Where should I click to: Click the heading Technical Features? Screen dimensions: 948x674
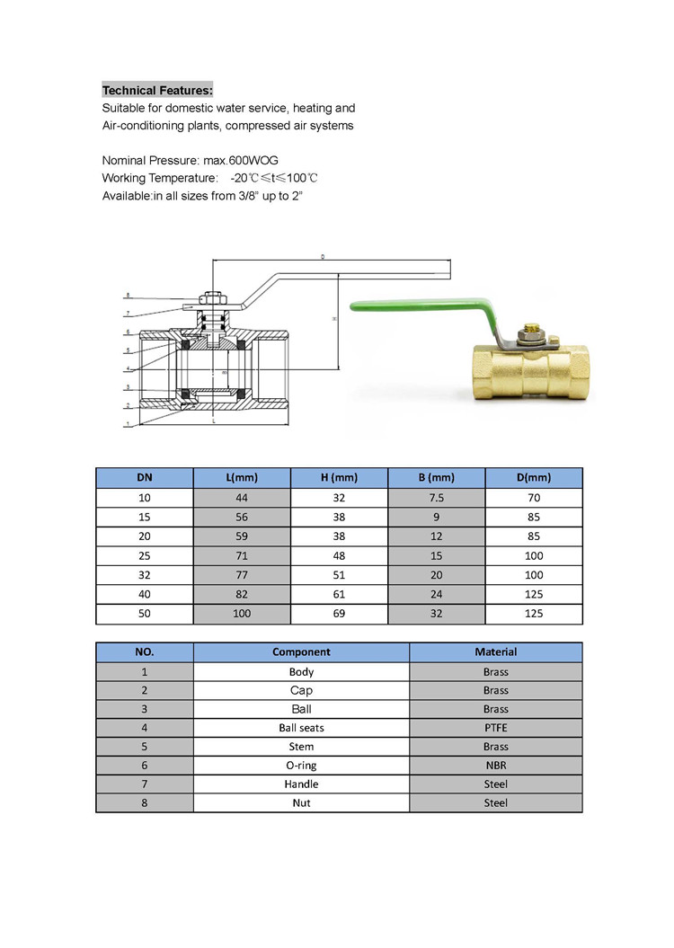[157, 90]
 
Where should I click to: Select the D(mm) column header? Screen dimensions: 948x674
[534, 477]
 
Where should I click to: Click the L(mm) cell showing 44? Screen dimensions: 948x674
[242, 497]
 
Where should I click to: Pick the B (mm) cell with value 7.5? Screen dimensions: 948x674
[436, 497]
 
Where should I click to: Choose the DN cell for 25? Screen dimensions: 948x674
[144, 555]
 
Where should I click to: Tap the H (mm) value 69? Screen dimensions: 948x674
[339, 614]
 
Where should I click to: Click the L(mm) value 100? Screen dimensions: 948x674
[242, 614]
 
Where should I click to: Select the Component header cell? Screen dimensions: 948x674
[301, 651]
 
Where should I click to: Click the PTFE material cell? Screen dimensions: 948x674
[495, 727]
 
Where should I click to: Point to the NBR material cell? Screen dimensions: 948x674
[495, 765]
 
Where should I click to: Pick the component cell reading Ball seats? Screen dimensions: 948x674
[301, 727]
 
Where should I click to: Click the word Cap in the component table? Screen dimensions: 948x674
[301, 690]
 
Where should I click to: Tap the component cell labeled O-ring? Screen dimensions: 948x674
[301, 765]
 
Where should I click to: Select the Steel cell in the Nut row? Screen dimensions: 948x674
[495, 802]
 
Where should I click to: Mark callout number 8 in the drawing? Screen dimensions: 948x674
[128, 295]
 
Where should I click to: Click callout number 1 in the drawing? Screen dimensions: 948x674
[128, 423]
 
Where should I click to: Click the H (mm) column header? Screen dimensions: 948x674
[339, 477]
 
